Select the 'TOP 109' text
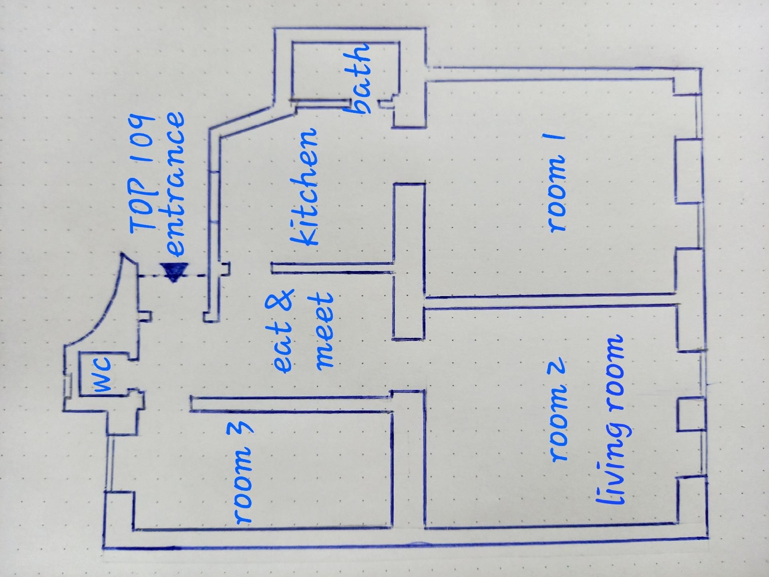coord(142,174)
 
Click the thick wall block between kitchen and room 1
coord(409,260)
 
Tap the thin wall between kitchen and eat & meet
coord(332,268)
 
